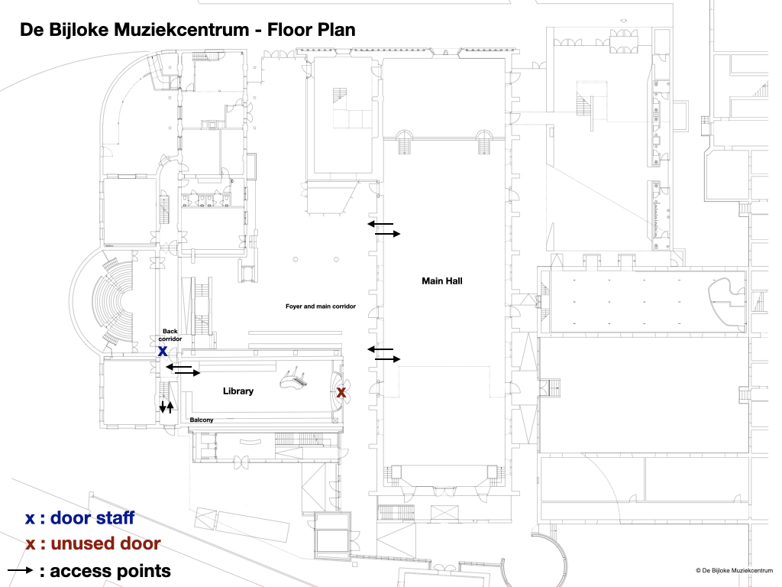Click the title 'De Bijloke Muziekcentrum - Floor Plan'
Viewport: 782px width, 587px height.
click(187, 31)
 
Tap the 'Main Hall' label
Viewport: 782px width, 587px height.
click(442, 281)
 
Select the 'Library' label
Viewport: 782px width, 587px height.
click(238, 391)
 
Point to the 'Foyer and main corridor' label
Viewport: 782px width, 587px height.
click(321, 306)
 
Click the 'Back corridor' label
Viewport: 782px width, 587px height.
click(170, 335)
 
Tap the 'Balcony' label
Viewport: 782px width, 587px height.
click(202, 420)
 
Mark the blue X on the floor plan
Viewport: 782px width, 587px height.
click(163, 352)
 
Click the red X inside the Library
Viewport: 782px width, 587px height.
click(341, 392)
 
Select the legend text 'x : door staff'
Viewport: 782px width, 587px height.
click(79, 518)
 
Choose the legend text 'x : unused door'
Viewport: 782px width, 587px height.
click(92, 544)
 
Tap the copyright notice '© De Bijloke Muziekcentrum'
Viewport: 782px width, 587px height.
click(734, 570)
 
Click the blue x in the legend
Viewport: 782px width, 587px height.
click(30, 519)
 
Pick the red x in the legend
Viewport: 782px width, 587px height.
click(30, 545)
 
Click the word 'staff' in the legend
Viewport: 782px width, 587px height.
click(115, 518)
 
